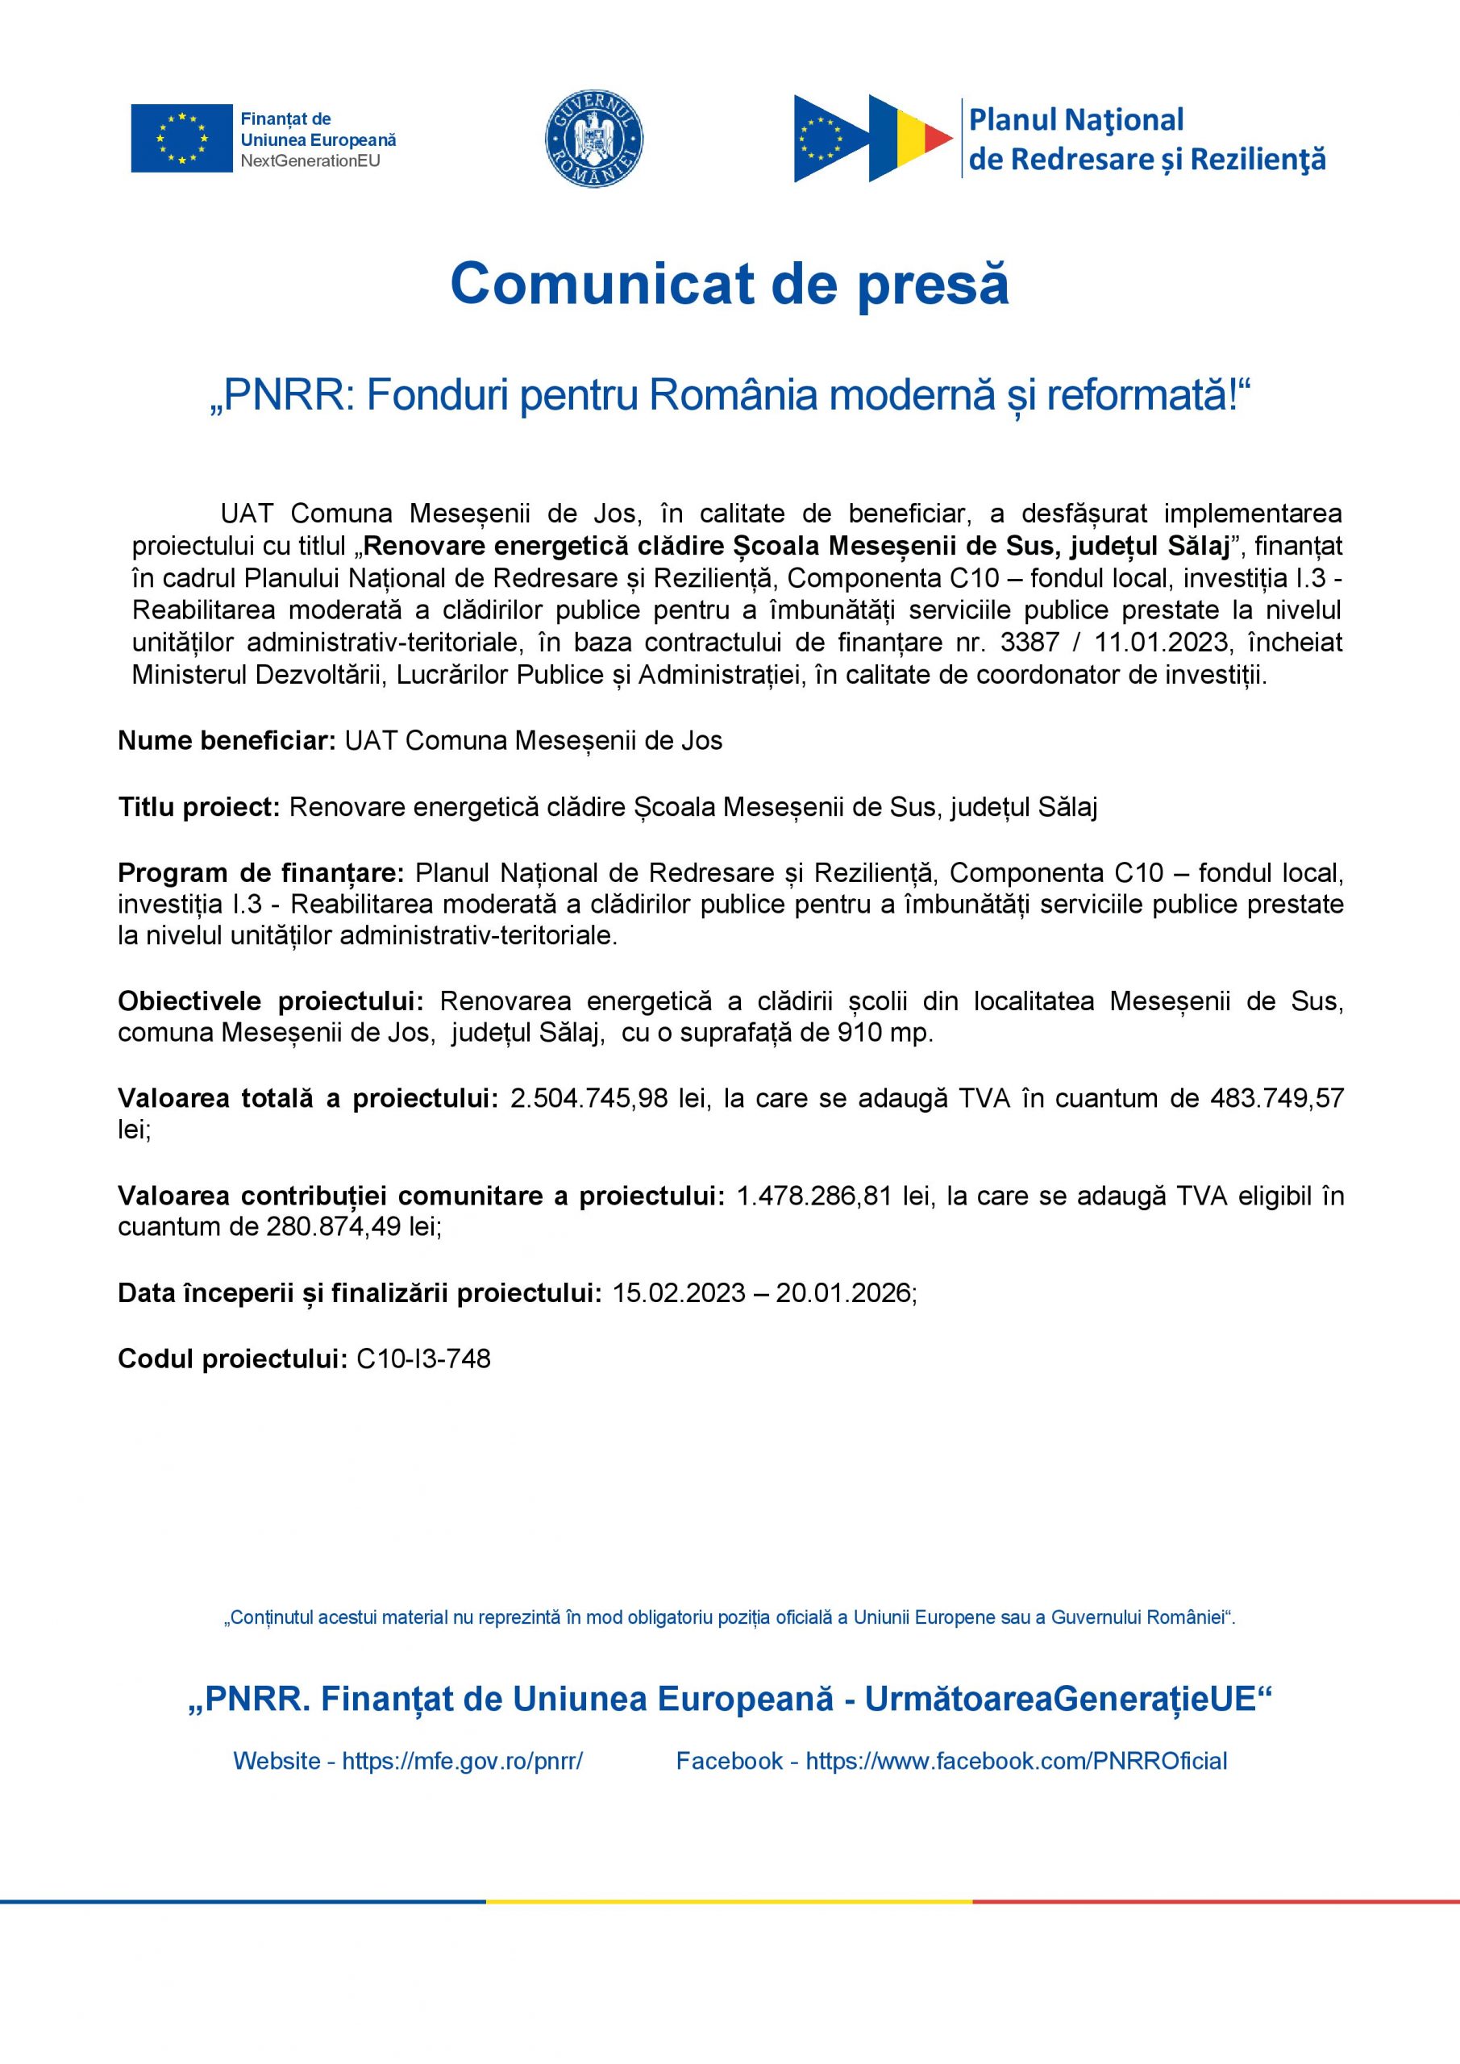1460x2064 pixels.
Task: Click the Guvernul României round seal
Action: (594, 139)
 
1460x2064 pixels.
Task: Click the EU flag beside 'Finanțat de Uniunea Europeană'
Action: (181, 139)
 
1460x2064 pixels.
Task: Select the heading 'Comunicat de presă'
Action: (729, 284)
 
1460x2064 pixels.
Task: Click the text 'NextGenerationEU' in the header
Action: (310, 162)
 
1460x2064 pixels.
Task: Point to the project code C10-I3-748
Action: (423, 1359)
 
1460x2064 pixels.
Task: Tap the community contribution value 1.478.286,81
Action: (814, 1196)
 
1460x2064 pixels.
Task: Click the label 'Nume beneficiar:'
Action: (227, 741)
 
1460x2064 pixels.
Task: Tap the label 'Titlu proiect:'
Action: (201, 807)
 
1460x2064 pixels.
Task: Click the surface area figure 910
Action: (858, 1033)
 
